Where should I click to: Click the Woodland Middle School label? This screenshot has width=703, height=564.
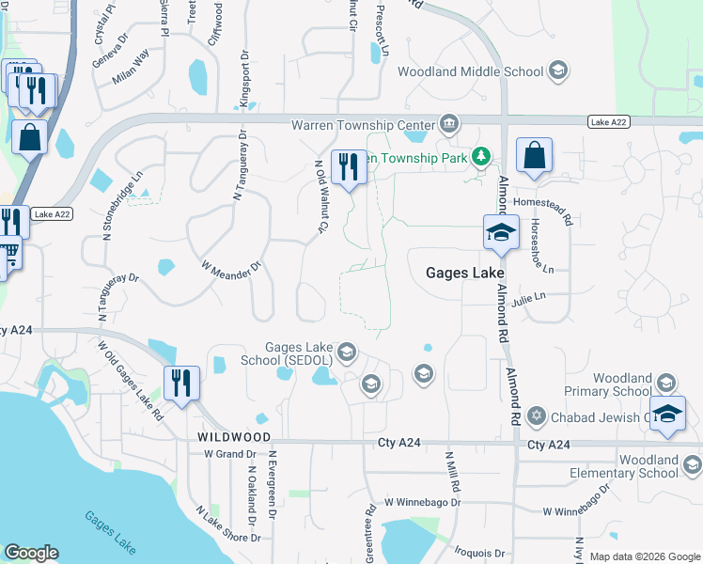tap(470, 71)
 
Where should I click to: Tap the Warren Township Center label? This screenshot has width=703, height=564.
tap(363, 124)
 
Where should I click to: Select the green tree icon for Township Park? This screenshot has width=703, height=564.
tap(481, 156)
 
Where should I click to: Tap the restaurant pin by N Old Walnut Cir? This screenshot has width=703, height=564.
tap(349, 167)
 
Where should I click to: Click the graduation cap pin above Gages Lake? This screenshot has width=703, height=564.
tap(501, 231)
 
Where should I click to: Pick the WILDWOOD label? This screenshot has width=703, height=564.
tap(234, 438)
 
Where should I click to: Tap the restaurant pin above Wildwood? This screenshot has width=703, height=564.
tap(181, 383)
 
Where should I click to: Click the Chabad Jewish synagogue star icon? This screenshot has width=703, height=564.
tap(537, 415)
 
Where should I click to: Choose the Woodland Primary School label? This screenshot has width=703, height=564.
tap(607, 384)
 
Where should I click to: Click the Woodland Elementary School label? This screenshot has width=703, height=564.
tap(635, 466)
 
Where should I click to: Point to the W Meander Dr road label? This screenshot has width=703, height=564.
tap(230, 266)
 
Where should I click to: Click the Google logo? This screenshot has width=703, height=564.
tap(30, 554)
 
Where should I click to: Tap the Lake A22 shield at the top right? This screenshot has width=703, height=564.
tap(609, 122)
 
